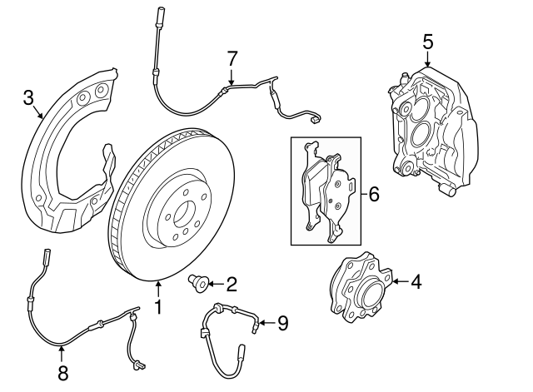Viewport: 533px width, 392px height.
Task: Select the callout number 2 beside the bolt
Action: coord(231,284)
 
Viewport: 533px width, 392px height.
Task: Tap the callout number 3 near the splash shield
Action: coord(28,100)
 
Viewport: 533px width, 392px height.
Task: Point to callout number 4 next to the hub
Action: coord(415,281)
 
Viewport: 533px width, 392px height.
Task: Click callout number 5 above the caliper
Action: coord(427,40)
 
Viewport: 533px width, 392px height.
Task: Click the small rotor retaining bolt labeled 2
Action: coord(199,284)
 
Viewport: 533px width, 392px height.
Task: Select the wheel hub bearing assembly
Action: coord(359,288)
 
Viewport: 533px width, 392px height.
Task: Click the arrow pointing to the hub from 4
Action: coord(398,281)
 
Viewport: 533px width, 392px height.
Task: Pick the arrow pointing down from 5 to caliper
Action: coord(427,58)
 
